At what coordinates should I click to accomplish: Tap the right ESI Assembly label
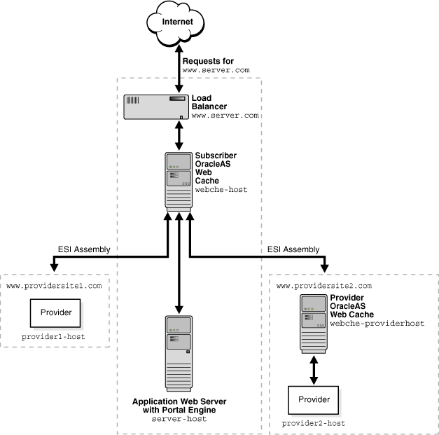[293, 249]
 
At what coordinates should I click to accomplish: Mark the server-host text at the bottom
[179, 418]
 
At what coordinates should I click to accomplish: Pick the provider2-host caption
[314, 423]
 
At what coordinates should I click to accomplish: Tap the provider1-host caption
[55, 337]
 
